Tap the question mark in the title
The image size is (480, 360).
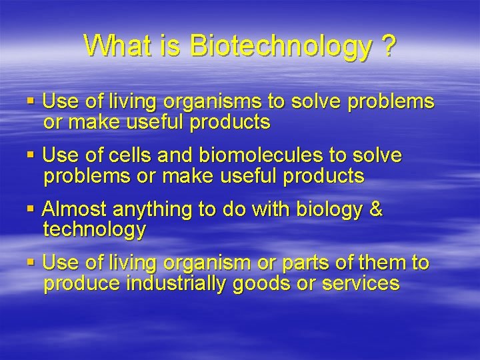click(386, 46)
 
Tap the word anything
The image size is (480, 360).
click(153, 210)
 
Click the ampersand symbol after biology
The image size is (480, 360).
click(376, 209)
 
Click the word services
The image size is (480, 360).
click(360, 283)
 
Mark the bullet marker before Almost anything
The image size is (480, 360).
click(31, 209)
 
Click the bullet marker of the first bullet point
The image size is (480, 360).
click(31, 102)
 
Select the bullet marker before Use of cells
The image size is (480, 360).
click(31, 155)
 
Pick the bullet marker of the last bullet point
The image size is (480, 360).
click(31, 263)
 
